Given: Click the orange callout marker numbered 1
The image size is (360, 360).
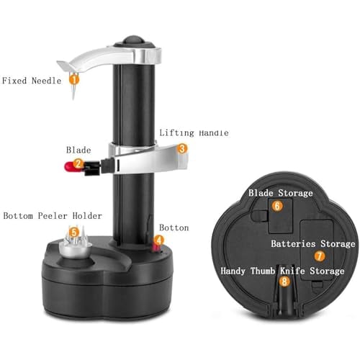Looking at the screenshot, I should [x=73, y=80].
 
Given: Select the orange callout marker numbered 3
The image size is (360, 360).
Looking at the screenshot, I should [x=182, y=148].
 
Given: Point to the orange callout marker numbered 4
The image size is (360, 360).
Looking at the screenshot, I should [x=159, y=239].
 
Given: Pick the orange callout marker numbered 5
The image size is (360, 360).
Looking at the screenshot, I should [x=73, y=232].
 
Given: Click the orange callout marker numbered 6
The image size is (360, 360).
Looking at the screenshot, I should [x=276, y=205].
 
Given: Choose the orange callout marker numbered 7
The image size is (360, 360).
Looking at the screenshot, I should [x=319, y=256].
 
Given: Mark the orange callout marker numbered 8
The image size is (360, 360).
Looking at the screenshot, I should [x=285, y=282].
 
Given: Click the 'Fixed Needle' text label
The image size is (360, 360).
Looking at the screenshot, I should [x=30, y=81].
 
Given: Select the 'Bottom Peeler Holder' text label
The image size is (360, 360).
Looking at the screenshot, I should [x=53, y=215].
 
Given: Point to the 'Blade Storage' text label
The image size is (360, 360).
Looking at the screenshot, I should [x=281, y=193].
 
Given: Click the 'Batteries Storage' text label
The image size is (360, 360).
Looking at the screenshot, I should [x=313, y=243].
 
